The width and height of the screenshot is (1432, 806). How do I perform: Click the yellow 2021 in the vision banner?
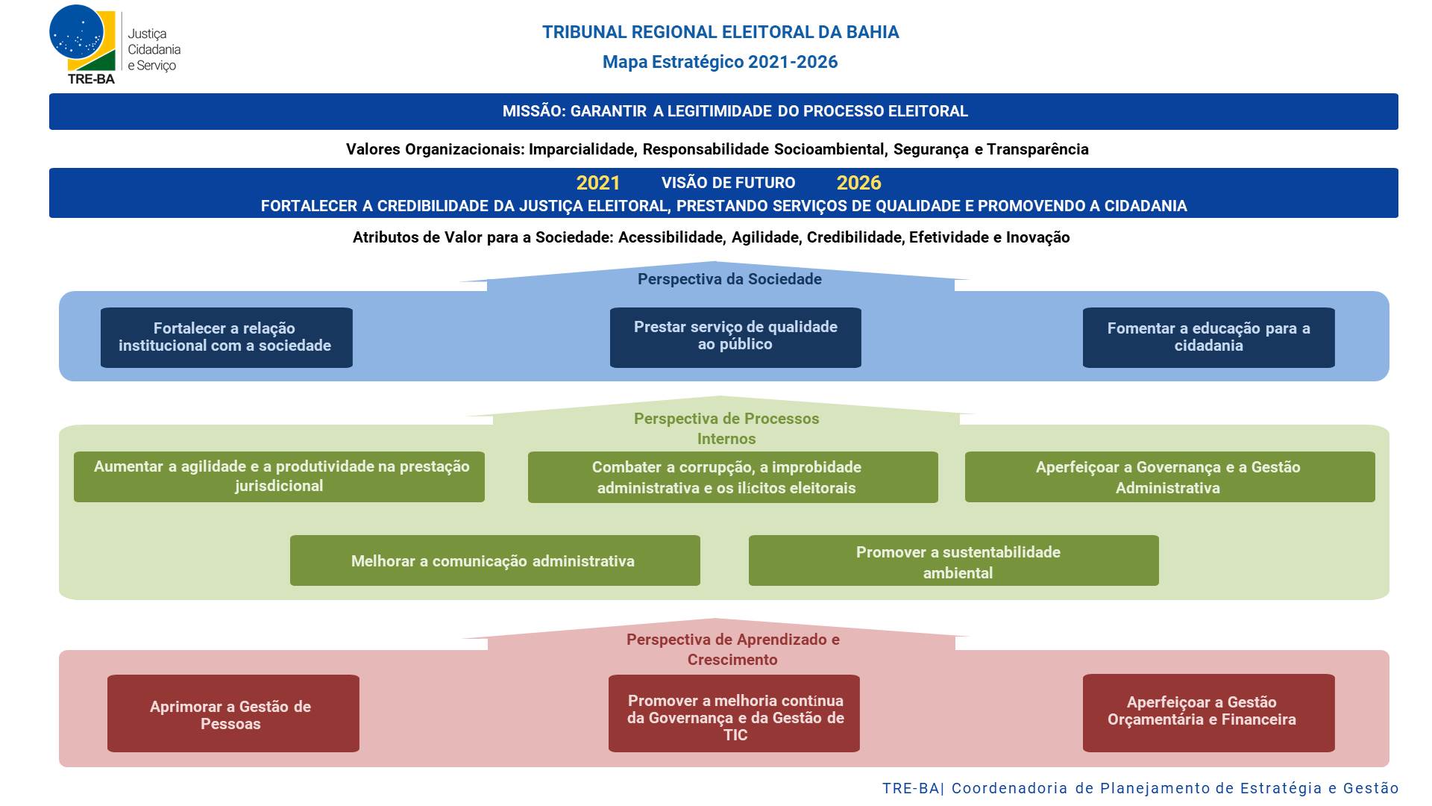coord(598,183)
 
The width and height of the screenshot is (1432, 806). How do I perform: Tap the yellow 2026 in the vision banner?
coord(858,183)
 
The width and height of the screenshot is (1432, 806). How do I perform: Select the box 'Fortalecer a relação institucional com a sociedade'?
coord(227,337)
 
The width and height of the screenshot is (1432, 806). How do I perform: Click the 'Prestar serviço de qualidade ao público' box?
coord(735,337)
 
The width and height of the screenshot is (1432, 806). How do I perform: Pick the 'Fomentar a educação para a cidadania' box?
coord(1209,337)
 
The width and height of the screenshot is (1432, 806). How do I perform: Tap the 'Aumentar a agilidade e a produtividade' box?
coord(279,477)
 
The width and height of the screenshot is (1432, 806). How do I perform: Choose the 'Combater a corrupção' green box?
coord(733,477)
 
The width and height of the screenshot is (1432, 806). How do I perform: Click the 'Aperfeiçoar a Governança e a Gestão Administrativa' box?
coord(1170,477)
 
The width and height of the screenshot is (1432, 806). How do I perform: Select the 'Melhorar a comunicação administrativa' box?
coord(495,560)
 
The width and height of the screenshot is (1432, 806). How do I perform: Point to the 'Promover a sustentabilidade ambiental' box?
coord(954,560)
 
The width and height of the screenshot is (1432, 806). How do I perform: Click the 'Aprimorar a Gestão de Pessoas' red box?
coord(233,713)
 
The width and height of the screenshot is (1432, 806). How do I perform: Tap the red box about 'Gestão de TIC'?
coord(734,713)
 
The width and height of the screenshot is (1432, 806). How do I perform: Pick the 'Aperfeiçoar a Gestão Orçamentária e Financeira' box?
coord(1209,713)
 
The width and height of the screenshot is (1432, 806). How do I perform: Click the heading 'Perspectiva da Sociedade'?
coord(729,279)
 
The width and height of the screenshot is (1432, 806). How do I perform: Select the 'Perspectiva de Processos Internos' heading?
coord(726,428)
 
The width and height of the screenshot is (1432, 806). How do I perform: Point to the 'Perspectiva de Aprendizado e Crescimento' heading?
coord(732,649)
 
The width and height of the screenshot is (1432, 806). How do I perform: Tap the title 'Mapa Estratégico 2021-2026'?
coord(720,62)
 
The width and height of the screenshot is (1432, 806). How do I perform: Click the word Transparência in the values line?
coord(1037,149)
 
